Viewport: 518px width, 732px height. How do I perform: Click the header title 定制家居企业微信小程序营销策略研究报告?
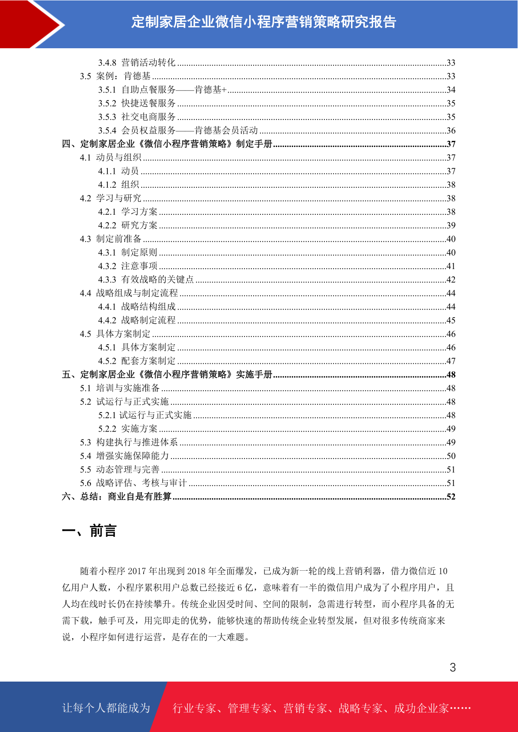point(264,22)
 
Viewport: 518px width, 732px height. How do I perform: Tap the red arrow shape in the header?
point(30,24)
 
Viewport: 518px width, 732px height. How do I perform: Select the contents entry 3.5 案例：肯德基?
point(115,76)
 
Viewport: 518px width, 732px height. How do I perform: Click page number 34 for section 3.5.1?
point(451,90)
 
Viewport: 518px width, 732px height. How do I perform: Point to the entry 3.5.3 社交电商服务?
point(137,117)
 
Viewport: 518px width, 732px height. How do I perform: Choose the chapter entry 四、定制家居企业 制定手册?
point(167,144)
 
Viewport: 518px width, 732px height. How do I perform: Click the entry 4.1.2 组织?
point(119,185)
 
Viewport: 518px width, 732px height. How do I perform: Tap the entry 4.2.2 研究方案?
point(128,225)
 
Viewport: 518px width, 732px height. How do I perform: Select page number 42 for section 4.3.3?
point(451,279)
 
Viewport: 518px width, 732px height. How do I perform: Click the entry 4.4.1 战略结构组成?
point(137,307)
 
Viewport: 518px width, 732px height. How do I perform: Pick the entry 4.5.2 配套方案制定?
point(137,361)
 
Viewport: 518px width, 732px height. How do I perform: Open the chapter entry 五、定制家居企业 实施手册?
point(167,375)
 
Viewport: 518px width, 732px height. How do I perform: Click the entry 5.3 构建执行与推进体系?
point(129,443)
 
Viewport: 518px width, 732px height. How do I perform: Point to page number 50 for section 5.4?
point(451,456)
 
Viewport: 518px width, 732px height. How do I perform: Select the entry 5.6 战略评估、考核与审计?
point(133,483)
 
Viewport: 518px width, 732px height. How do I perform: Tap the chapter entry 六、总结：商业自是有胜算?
point(117,496)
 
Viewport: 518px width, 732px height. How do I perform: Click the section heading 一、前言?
point(89,531)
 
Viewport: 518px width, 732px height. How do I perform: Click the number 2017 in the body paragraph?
point(137,571)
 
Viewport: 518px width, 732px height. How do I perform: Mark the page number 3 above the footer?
point(453,667)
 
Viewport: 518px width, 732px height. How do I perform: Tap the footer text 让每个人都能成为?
point(106,708)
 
